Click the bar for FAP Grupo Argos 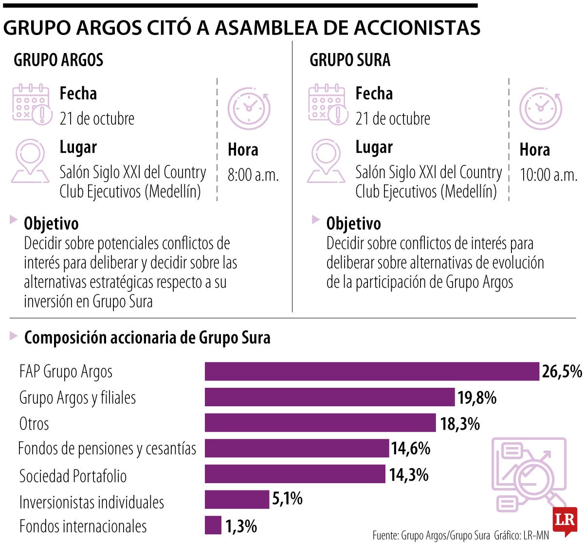(372, 371)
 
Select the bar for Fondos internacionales (213, 525)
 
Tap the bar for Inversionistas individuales (237, 499)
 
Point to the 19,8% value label (477, 398)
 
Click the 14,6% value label (411, 448)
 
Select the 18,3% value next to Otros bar (460, 423)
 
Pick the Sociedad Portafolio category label (73, 475)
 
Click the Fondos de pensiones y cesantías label (107, 448)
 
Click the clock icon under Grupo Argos (249, 108)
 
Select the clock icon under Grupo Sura (540, 108)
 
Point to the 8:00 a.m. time (253, 175)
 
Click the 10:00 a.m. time (548, 175)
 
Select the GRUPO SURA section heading (350, 60)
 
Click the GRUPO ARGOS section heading (58, 60)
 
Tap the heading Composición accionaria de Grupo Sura (147, 338)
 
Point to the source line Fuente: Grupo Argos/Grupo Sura (431, 535)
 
